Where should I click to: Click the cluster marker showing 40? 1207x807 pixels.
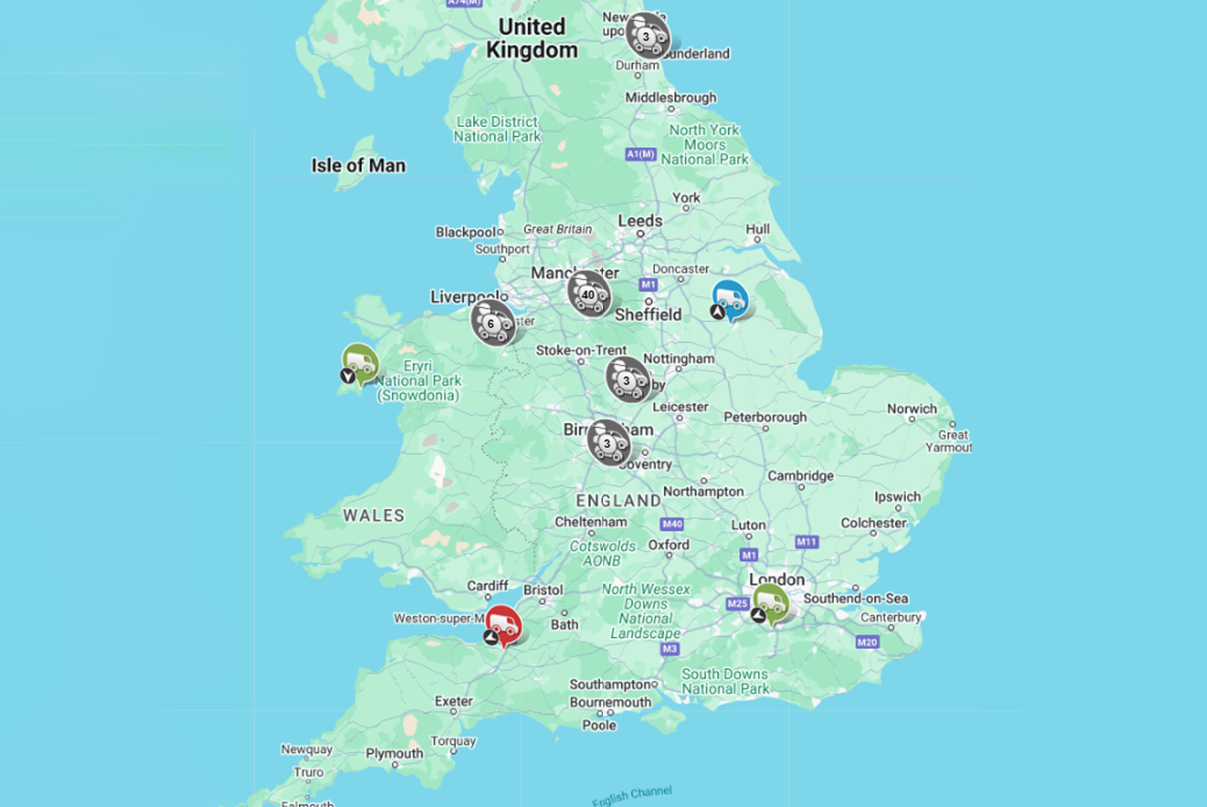pyautogui.click(x=589, y=294)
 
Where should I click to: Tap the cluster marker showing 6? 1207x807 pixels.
pyautogui.click(x=492, y=323)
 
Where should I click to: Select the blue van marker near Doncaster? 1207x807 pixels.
pyautogui.click(x=730, y=299)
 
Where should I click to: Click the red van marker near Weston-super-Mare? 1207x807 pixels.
pyautogui.click(x=503, y=626)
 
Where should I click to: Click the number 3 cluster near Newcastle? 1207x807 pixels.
pyautogui.click(x=647, y=36)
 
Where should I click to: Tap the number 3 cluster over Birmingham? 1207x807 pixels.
pyautogui.click(x=607, y=442)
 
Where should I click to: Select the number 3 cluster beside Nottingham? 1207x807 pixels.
pyautogui.click(x=627, y=379)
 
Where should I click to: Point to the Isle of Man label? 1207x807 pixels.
pyautogui.click(x=358, y=166)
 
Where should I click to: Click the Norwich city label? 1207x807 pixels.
pyautogui.click(x=912, y=409)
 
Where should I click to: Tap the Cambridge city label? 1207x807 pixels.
pyautogui.click(x=800, y=476)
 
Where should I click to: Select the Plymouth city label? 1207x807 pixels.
pyautogui.click(x=394, y=754)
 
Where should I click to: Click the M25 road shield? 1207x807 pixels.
pyautogui.click(x=738, y=603)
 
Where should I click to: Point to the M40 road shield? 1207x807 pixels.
pyautogui.click(x=671, y=524)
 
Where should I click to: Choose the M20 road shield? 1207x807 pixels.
pyautogui.click(x=866, y=642)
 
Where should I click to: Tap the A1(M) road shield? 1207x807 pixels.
pyautogui.click(x=640, y=154)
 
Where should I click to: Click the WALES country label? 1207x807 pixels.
pyautogui.click(x=374, y=516)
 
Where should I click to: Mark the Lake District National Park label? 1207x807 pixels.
pyautogui.click(x=497, y=129)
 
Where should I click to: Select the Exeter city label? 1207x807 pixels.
pyautogui.click(x=453, y=702)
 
